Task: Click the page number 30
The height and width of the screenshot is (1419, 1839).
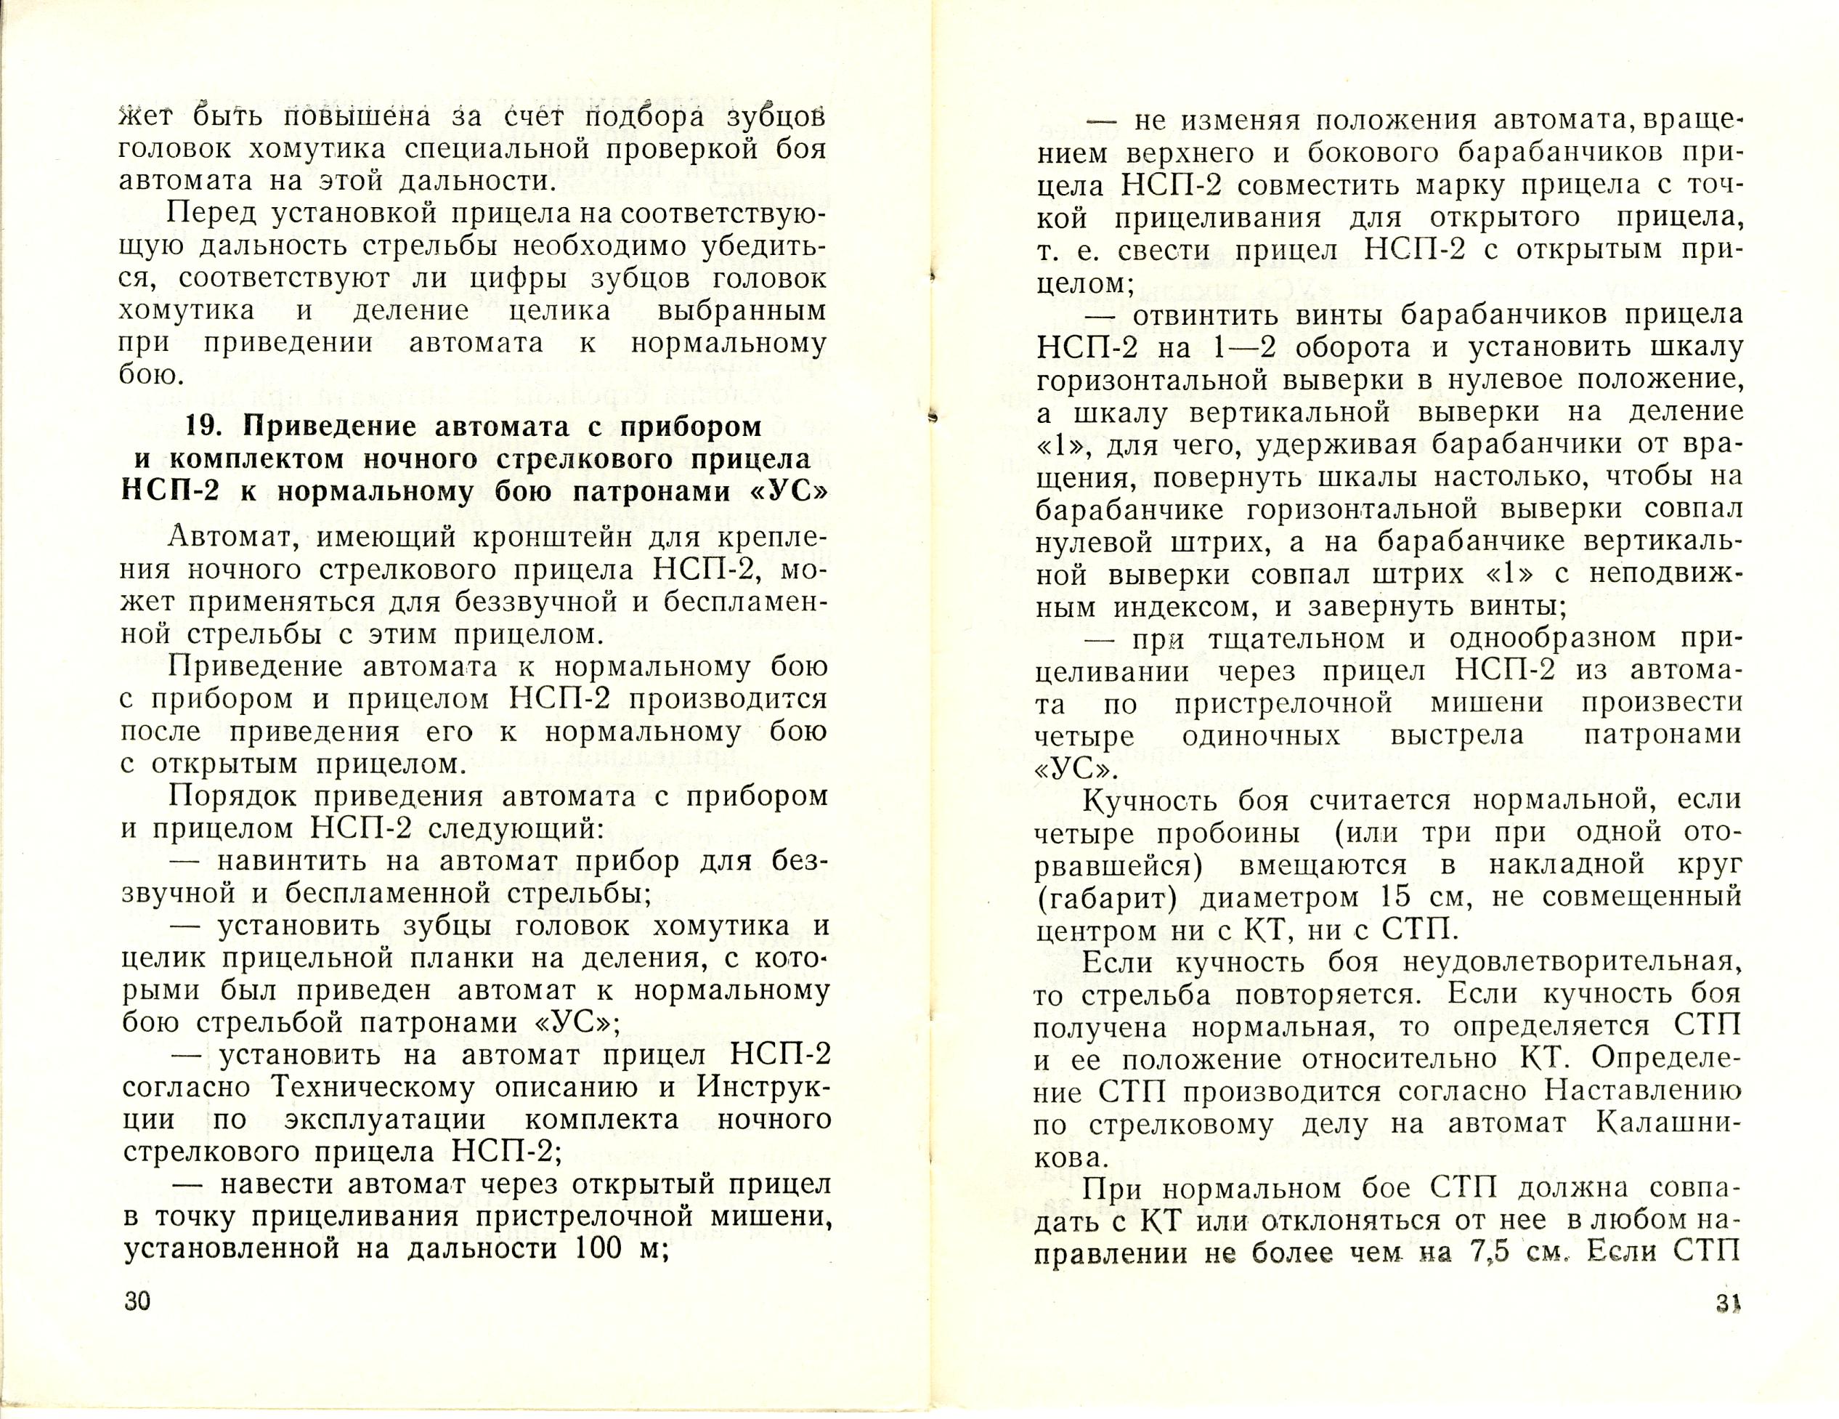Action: tap(137, 1325)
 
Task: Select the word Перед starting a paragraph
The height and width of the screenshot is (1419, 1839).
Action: tap(211, 215)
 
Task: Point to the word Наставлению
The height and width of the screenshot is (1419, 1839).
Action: tap(1643, 1091)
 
